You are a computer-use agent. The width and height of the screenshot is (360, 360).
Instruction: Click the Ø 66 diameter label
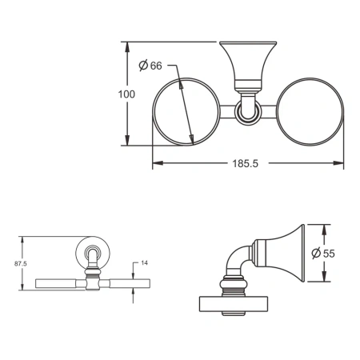pyautogui.click(x=150, y=66)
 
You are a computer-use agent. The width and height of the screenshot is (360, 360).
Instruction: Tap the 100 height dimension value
pyautogui.click(x=126, y=94)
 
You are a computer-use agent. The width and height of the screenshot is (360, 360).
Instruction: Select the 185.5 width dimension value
pyautogui.click(x=246, y=163)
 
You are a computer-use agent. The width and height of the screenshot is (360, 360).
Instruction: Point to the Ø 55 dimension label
pyautogui.click(x=323, y=253)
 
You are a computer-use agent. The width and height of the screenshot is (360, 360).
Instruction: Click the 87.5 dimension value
pyautogui.click(x=21, y=264)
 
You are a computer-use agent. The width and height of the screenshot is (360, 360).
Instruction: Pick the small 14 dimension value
pyautogui.click(x=144, y=263)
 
